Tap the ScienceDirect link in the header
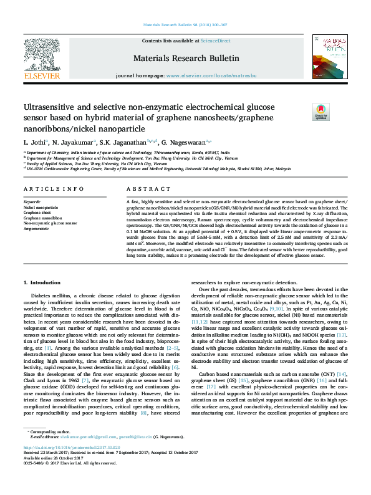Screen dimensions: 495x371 215,41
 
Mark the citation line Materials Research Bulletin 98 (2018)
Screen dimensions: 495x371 185,25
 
